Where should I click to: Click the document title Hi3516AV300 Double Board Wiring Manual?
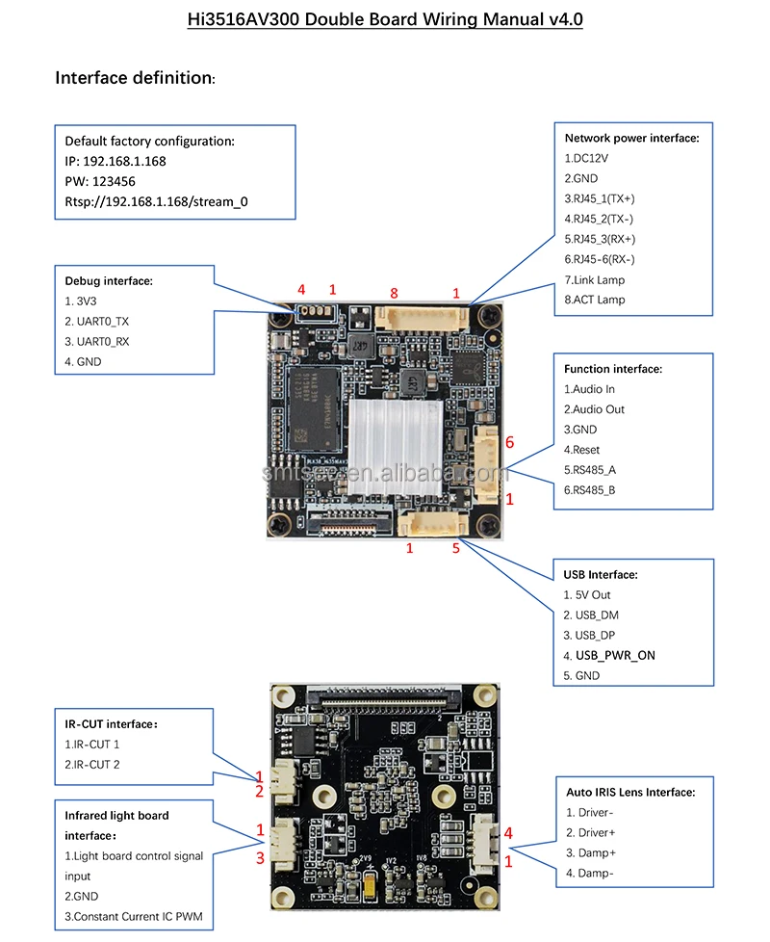(385, 18)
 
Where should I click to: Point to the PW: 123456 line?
(100, 181)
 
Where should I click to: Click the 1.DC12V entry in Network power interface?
(586, 158)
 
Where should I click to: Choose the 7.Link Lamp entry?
(594, 279)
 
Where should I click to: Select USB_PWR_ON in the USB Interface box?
(622, 655)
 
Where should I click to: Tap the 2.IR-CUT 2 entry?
(92, 764)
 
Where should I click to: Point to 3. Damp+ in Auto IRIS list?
(591, 852)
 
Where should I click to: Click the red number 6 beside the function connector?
(510, 442)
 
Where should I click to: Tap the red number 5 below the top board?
(457, 549)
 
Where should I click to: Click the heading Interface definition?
(135, 77)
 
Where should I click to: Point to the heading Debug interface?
(109, 281)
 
